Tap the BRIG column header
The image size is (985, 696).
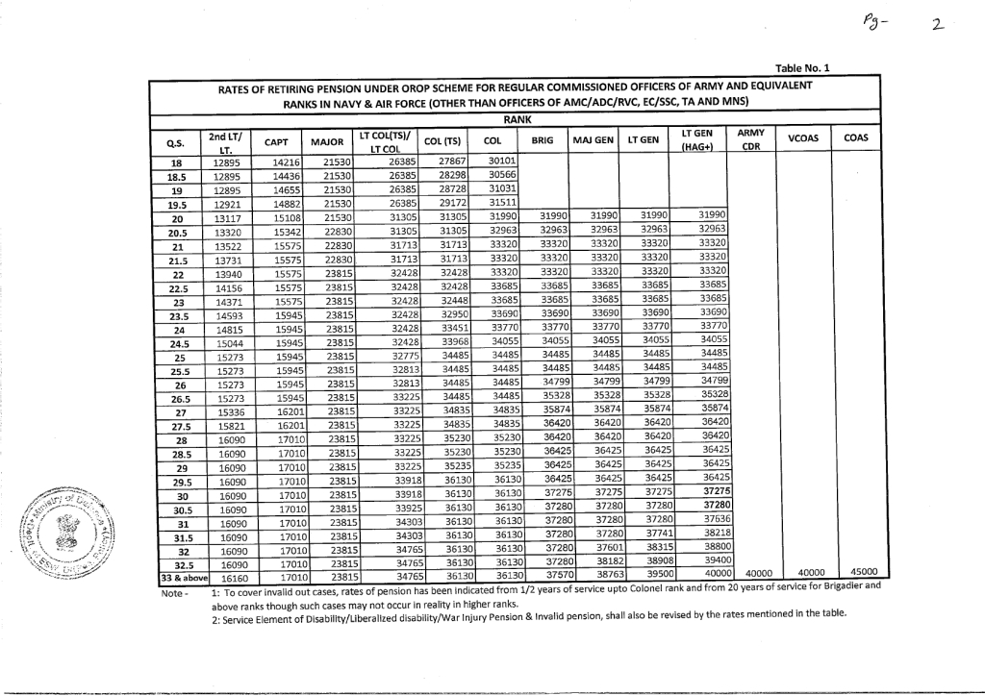coord(543,140)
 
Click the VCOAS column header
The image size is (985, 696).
coord(802,138)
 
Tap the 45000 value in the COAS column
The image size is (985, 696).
coord(864,573)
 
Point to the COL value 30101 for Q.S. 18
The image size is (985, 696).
coord(503,161)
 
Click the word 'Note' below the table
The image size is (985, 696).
coord(170,594)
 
